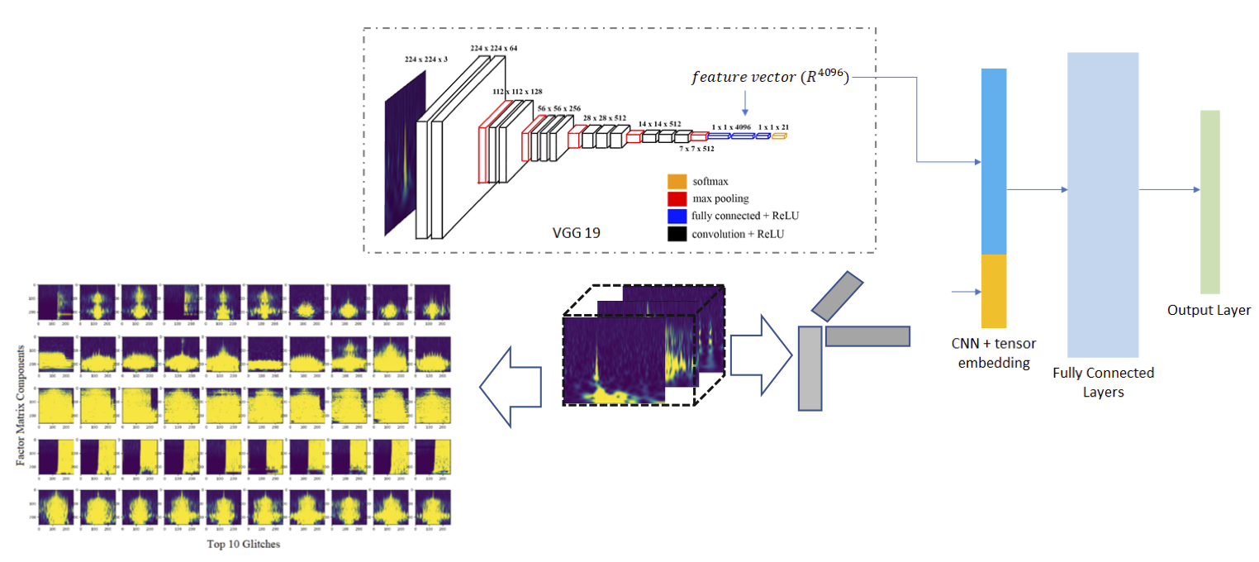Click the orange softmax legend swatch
(x=677, y=181)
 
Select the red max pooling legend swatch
(x=677, y=198)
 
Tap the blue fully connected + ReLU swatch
(x=677, y=216)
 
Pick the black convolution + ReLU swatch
(x=677, y=234)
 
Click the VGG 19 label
(x=576, y=232)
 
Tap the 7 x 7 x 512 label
(x=696, y=149)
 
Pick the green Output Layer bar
(x=1210, y=202)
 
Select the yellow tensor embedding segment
(x=994, y=290)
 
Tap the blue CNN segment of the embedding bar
(x=994, y=160)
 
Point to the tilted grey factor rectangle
(x=837, y=296)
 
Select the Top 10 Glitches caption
(x=245, y=545)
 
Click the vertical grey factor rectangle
(x=810, y=369)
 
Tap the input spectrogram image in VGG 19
(x=405, y=153)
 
